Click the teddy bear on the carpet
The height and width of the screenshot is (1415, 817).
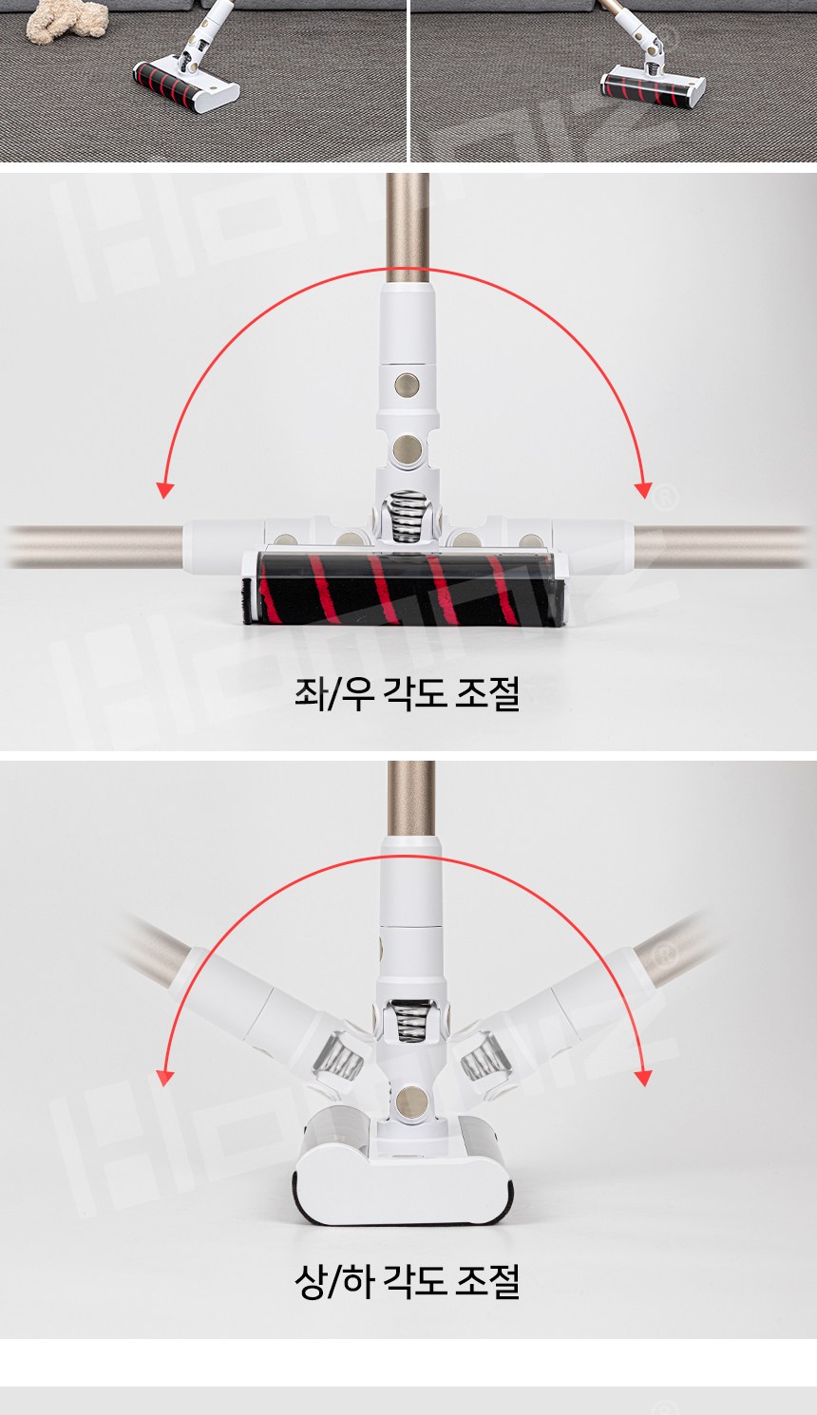point(67,21)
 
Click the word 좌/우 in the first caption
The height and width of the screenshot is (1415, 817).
point(333,693)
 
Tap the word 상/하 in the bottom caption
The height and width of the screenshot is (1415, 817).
point(333,1281)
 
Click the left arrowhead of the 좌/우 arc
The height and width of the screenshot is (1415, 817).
point(165,490)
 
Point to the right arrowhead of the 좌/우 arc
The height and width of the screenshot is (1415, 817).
point(643,490)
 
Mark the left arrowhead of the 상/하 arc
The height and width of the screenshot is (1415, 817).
point(165,1078)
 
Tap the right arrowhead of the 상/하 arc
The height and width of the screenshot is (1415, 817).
point(643,1078)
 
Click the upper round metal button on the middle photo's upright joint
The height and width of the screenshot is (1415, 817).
point(407,384)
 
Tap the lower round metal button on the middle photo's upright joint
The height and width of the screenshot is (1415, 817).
point(407,450)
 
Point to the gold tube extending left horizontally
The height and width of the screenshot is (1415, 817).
point(95,546)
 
